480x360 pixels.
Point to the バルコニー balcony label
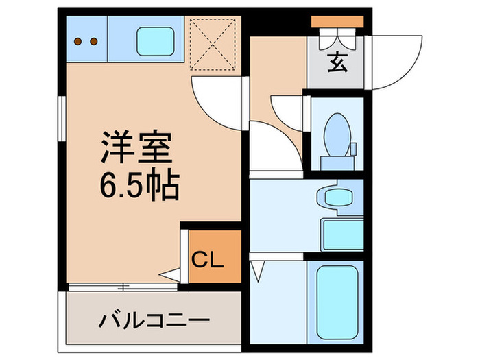point(153,320)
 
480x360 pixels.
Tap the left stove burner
point(77,41)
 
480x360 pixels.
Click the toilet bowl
point(336,134)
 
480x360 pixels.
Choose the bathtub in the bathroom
point(336,298)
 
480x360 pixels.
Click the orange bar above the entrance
point(335,21)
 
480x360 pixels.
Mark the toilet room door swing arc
point(288,110)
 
